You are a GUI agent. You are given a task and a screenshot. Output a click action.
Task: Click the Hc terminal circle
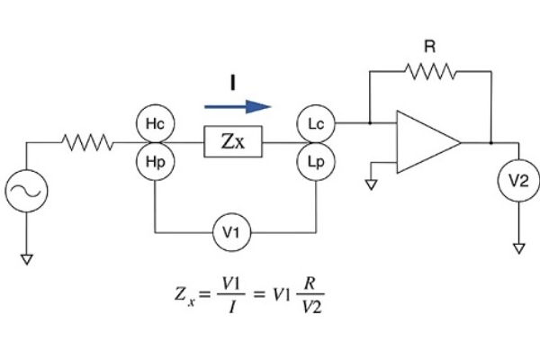click(x=156, y=122)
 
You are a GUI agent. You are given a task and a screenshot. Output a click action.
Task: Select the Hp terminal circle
click(x=156, y=162)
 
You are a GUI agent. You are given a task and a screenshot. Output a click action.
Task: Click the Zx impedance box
click(x=233, y=142)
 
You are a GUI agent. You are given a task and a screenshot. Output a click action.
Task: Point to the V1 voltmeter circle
click(x=232, y=235)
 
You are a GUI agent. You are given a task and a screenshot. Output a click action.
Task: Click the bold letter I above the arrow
click(x=232, y=84)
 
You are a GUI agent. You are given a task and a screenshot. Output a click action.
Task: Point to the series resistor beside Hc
click(x=88, y=142)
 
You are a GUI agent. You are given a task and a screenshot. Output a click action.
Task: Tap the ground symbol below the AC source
click(x=27, y=259)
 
